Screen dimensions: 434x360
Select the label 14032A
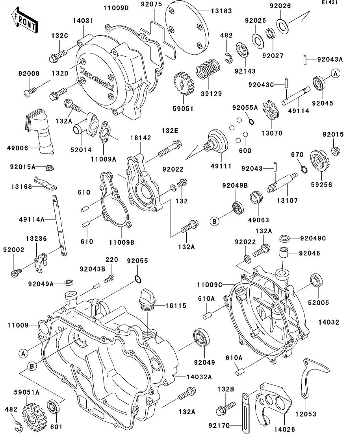pyautogui.click(x=197, y=377)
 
